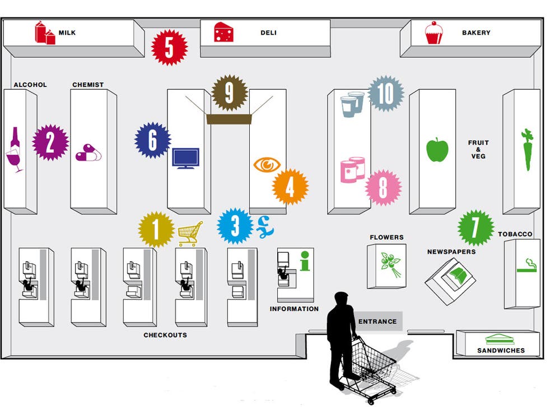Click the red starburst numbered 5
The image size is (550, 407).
pyautogui.click(x=169, y=48)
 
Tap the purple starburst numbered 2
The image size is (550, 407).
pyautogui.click(x=50, y=142)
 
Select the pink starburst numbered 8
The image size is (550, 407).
pyautogui.click(x=383, y=187)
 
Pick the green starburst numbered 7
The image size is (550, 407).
pyautogui.click(x=476, y=228)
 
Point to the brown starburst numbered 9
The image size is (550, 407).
pyautogui.click(x=230, y=93)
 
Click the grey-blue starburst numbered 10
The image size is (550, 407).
pyautogui.click(x=386, y=94)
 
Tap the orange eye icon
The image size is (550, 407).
pyautogui.click(x=267, y=165)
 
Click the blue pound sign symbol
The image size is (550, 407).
pyautogui.click(x=265, y=227)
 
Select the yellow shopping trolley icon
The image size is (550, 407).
pyautogui.click(x=190, y=234)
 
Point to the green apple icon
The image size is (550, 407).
pyautogui.click(x=437, y=150)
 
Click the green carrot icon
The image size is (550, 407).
pyautogui.click(x=527, y=150)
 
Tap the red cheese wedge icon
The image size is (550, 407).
pyautogui.click(x=223, y=32)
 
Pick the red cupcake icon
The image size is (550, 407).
pyautogui.click(x=434, y=33)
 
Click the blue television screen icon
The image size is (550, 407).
pyautogui.click(x=185, y=159)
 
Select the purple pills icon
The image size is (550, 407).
pyautogui.click(x=88, y=152)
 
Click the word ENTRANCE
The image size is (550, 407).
pyautogui.click(x=377, y=321)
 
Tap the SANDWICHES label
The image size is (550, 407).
pyautogui.click(x=501, y=350)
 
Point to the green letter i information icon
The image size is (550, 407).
pyautogui.click(x=305, y=261)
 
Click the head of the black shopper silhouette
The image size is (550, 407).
pyautogui.click(x=341, y=299)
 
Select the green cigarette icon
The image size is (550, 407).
pyautogui.click(x=527, y=266)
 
